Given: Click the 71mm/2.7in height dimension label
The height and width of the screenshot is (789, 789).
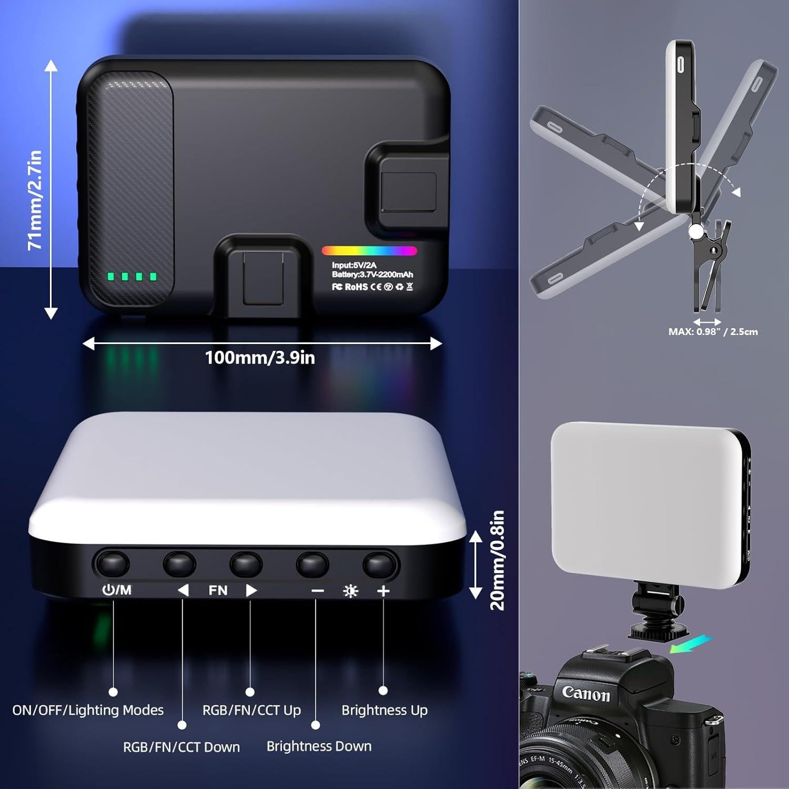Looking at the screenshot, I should pyautogui.click(x=35, y=200).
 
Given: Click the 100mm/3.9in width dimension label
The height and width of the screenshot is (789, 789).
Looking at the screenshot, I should pyautogui.click(x=260, y=358).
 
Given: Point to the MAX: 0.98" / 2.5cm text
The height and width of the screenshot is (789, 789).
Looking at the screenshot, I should pyautogui.click(x=713, y=332).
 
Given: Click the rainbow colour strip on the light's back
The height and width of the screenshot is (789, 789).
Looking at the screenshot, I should pyautogui.click(x=369, y=251).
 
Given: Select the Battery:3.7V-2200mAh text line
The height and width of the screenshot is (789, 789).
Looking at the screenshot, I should pyautogui.click(x=372, y=275).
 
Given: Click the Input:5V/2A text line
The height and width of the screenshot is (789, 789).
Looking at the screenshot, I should pyautogui.click(x=354, y=265).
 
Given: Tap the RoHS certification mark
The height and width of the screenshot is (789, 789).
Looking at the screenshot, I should pyautogui.click(x=356, y=287).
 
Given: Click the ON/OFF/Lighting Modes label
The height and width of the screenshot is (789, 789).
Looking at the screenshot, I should pyautogui.click(x=88, y=710).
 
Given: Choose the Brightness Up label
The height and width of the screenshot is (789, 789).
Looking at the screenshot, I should pyautogui.click(x=385, y=710).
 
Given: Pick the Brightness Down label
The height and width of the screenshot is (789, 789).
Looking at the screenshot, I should pyautogui.click(x=319, y=746).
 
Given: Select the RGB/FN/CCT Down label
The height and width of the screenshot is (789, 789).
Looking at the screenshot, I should pyautogui.click(x=181, y=747).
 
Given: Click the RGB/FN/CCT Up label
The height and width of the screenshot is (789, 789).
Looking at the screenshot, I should pyautogui.click(x=251, y=710).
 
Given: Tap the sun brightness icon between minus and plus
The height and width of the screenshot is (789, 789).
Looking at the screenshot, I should pyautogui.click(x=350, y=591).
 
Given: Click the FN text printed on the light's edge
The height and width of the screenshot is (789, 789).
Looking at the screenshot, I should pyautogui.click(x=218, y=591).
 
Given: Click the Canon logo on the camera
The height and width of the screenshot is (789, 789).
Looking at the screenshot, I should pyautogui.click(x=586, y=693).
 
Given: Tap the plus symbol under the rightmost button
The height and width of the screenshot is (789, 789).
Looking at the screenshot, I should pyautogui.click(x=383, y=591).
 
